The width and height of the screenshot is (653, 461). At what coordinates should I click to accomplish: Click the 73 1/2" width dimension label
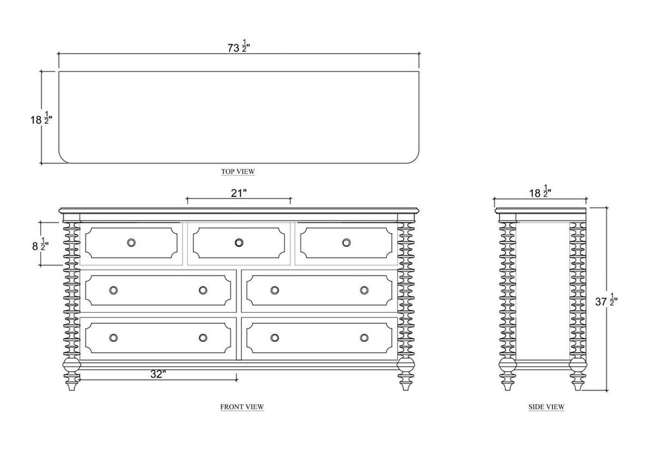click(x=239, y=46)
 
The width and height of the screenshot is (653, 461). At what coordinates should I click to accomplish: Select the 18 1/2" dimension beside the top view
click(x=42, y=119)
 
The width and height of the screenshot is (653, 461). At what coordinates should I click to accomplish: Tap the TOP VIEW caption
click(x=238, y=171)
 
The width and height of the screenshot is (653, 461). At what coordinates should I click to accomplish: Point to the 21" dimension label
click(x=239, y=193)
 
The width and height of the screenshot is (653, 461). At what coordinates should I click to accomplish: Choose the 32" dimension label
click(x=158, y=374)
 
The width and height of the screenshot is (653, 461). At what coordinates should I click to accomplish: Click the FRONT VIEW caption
click(x=242, y=406)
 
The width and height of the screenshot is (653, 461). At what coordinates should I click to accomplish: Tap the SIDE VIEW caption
click(x=546, y=406)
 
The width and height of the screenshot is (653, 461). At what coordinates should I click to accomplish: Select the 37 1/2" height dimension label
click(x=606, y=300)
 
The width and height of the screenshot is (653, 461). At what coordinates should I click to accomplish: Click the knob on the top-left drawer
click(x=131, y=242)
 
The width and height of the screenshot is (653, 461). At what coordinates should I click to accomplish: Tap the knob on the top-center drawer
click(x=239, y=242)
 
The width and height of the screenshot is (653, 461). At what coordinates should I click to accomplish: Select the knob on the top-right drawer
click(x=346, y=242)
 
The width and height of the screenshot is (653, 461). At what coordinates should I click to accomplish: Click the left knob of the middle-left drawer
click(x=113, y=290)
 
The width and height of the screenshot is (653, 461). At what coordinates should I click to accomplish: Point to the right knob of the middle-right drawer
click(x=364, y=290)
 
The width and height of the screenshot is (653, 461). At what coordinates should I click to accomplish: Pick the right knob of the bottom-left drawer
click(x=203, y=337)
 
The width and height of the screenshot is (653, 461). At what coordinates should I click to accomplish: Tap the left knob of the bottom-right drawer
click(x=274, y=337)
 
